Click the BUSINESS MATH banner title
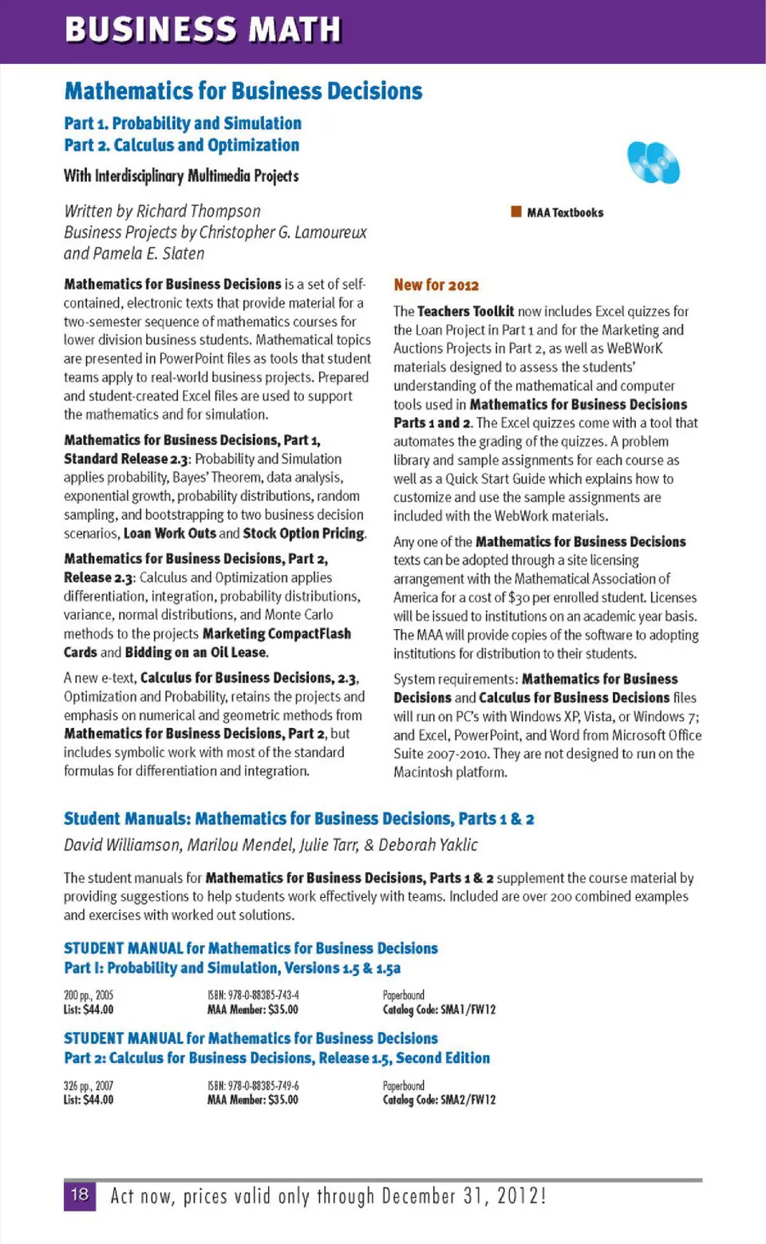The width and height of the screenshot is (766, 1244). pyautogui.click(x=203, y=30)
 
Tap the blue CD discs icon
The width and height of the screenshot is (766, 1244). pyautogui.click(x=653, y=162)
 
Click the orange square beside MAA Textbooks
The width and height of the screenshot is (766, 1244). pyautogui.click(x=516, y=211)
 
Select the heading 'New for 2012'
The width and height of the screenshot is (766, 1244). pyautogui.click(x=436, y=285)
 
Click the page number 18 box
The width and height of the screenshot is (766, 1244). pyautogui.click(x=80, y=1195)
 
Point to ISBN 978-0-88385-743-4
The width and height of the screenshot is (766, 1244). pyautogui.click(x=253, y=995)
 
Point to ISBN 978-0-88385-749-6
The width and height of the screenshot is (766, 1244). pyautogui.click(x=253, y=1085)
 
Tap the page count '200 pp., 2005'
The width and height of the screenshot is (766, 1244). pyautogui.click(x=89, y=995)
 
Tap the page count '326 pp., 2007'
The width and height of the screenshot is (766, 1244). pyautogui.click(x=89, y=1085)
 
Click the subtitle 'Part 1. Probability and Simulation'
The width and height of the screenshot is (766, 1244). pyautogui.click(x=183, y=124)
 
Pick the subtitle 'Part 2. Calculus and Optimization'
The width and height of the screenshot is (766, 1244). pyautogui.click(x=182, y=145)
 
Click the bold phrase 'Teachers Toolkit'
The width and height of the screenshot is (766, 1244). pyautogui.click(x=465, y=311)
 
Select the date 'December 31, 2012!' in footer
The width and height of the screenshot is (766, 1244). pyautogui.click(x=464, y=1195)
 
